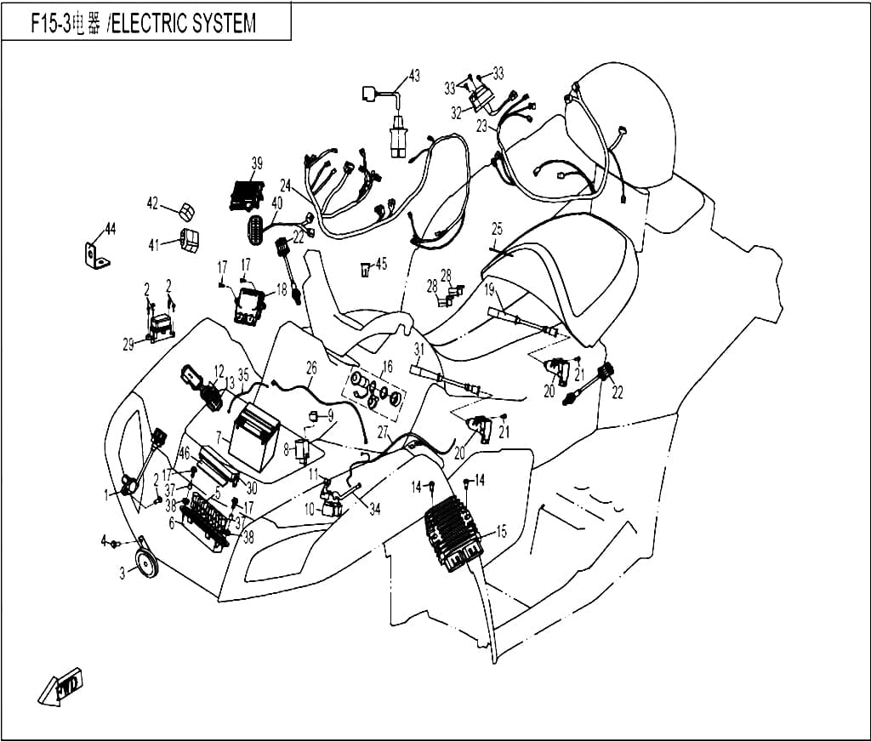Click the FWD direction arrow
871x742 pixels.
pos(61,687)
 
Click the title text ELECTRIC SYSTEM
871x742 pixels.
pos(184,24)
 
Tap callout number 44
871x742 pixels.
pos(111,228)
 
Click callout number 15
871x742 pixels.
pos(501,531)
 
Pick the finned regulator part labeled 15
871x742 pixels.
pos(452,531)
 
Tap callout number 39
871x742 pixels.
pos(257,163)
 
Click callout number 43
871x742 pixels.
pos(414,75)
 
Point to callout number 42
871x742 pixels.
pos(153,203)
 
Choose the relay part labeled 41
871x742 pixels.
pos(190,241)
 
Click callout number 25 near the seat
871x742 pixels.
pos(497,228)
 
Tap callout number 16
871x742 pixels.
pos(387,366)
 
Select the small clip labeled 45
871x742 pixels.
pos(364,270)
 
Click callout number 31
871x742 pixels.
pos(418,349)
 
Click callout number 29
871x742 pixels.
pos(128,345)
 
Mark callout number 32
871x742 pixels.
pos(457,113)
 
